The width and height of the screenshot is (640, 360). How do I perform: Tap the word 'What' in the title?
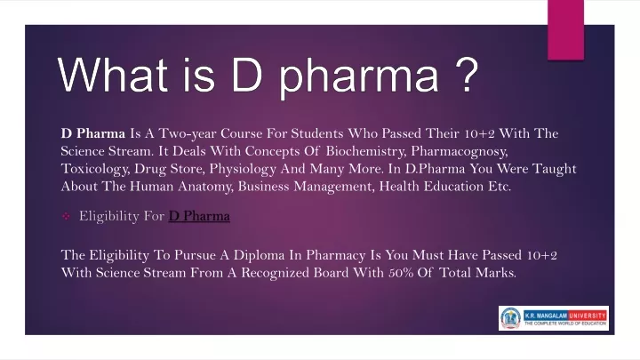113,75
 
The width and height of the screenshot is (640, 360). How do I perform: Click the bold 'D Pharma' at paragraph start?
93,133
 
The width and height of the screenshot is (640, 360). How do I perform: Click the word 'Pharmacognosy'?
460,151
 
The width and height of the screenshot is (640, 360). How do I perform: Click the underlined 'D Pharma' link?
199,216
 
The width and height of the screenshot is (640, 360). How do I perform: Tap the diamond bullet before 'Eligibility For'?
66,216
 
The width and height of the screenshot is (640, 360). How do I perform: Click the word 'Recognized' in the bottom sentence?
275,273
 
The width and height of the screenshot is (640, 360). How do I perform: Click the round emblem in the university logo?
510,318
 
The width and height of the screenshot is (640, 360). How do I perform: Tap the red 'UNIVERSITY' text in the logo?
588,316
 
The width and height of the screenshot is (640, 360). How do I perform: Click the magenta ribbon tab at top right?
565,30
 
